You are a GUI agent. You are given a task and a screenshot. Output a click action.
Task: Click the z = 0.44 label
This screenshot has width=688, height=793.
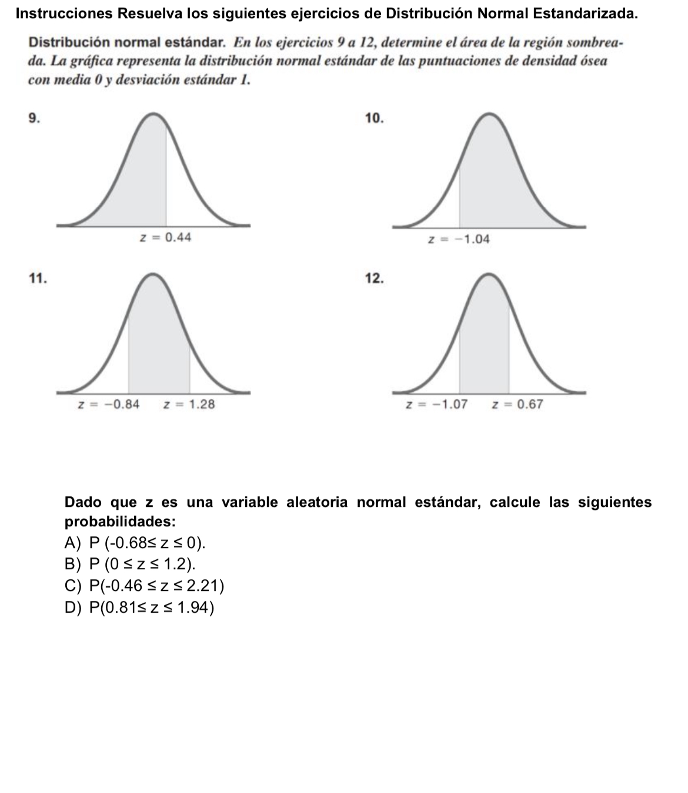pyautogui.click(x=165, y=237)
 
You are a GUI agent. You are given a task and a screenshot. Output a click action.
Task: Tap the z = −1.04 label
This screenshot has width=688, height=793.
pyautogui.click(x=459, y=240)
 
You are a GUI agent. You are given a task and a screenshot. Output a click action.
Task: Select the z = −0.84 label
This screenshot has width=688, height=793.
pyautogui.click(x=109, y=404)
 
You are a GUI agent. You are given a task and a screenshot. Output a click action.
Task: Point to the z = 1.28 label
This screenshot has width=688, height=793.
pyautogui.click(x=189, y=404)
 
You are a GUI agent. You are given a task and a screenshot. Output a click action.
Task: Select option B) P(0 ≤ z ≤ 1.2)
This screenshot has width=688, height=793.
pyautogui.click(x=130, y=564)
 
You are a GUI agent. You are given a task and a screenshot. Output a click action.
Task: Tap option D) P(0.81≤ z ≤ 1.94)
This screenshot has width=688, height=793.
pyautogui.click(x=139, y=607)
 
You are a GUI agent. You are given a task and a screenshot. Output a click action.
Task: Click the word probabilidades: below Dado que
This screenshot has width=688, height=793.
pyautogui.click(x=120, y=522)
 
